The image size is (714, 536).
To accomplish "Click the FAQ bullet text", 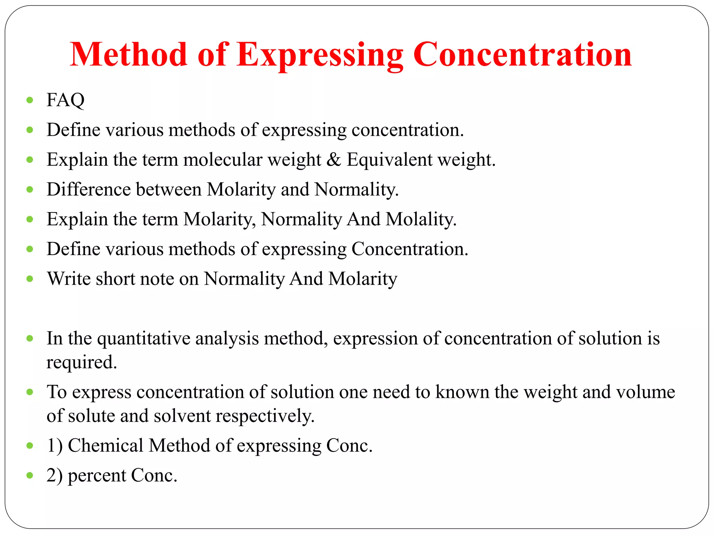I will (66, 100).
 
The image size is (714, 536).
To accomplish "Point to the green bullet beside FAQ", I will (30, 100).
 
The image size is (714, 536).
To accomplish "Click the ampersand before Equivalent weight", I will (334, 160).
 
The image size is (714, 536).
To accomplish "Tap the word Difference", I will (89, 189).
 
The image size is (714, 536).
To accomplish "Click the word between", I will (169, 189).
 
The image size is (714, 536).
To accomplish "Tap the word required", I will (82, 362).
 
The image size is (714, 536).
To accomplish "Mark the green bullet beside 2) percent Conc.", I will (30, 475).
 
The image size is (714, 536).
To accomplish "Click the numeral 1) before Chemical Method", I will (55, 446).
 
